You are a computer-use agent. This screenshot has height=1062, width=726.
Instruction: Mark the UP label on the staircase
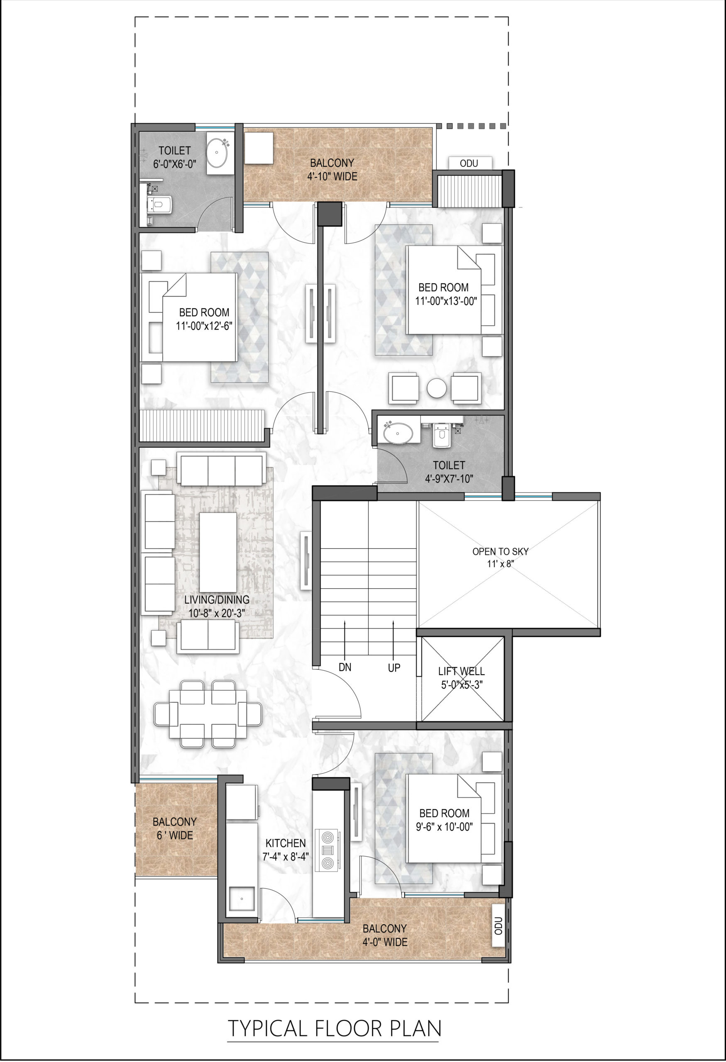394,667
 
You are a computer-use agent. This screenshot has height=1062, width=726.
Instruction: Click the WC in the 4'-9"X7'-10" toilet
440,436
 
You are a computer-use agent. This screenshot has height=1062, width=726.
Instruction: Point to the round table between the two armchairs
437,388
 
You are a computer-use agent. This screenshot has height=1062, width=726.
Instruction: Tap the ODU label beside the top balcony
469,163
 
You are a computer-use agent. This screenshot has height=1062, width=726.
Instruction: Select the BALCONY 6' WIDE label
175,828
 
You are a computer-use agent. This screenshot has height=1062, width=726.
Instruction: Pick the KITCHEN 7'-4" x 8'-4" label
286,850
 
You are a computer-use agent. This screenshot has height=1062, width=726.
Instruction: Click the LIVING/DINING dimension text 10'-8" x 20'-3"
217,613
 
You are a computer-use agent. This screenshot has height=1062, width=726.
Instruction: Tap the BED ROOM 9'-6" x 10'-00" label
444,819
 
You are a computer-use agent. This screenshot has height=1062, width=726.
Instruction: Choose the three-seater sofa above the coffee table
221,469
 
